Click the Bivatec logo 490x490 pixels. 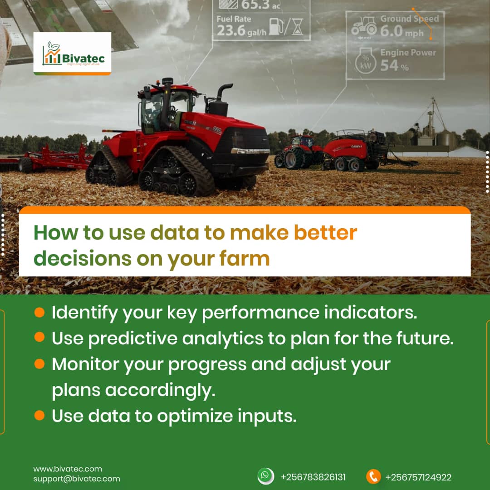[x=72, y=54]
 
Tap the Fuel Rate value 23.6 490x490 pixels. [x=231, y=30]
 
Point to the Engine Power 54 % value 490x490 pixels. [x=394, y=66]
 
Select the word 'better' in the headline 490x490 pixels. [x=325, y=232]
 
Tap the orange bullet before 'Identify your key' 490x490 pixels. [x=39, y=312]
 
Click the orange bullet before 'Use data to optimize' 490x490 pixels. [x=39, y=415]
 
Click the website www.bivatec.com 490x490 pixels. [x=68, y=469]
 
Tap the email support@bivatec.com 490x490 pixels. [x=77, y=479]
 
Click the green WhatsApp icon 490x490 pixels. [x=265, y=475]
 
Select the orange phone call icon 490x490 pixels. [x=373, y=476]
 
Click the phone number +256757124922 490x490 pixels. [x=418, y=477]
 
